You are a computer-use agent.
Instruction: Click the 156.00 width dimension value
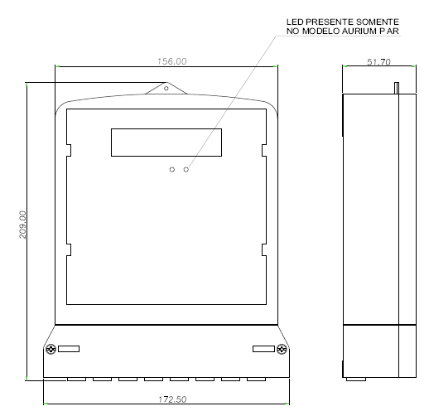pos(172,61)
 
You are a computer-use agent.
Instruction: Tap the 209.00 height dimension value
pos(22,225)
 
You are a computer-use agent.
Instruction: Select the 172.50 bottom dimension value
pos(172,399)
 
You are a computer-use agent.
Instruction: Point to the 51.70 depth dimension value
pos(378,61)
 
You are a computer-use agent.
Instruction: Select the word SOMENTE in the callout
pos(378,22)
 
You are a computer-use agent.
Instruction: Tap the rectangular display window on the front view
pos(166,143)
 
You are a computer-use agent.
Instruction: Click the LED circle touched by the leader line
pos(186,169)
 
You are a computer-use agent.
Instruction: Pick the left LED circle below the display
pos(172,169)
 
